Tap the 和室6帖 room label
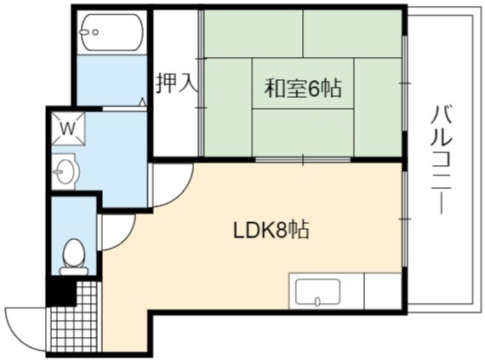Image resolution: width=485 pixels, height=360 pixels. pos(303,88)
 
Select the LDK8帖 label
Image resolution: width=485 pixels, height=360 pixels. pos(271,231)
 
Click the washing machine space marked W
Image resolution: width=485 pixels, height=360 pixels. pos(68,129)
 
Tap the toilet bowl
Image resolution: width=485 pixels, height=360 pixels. pos(74,254)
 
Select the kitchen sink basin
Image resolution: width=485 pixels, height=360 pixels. pos(317,293)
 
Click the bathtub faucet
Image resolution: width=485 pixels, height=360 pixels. pos(88,31)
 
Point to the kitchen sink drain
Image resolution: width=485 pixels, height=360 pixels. pos(317,301)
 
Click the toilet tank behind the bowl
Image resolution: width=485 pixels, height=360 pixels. pos(74,271)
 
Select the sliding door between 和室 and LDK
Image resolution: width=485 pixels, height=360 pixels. pos(303,160)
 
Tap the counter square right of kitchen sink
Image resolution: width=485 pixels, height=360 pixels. pos(383,291)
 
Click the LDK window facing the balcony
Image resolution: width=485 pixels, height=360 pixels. pos(404,219)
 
